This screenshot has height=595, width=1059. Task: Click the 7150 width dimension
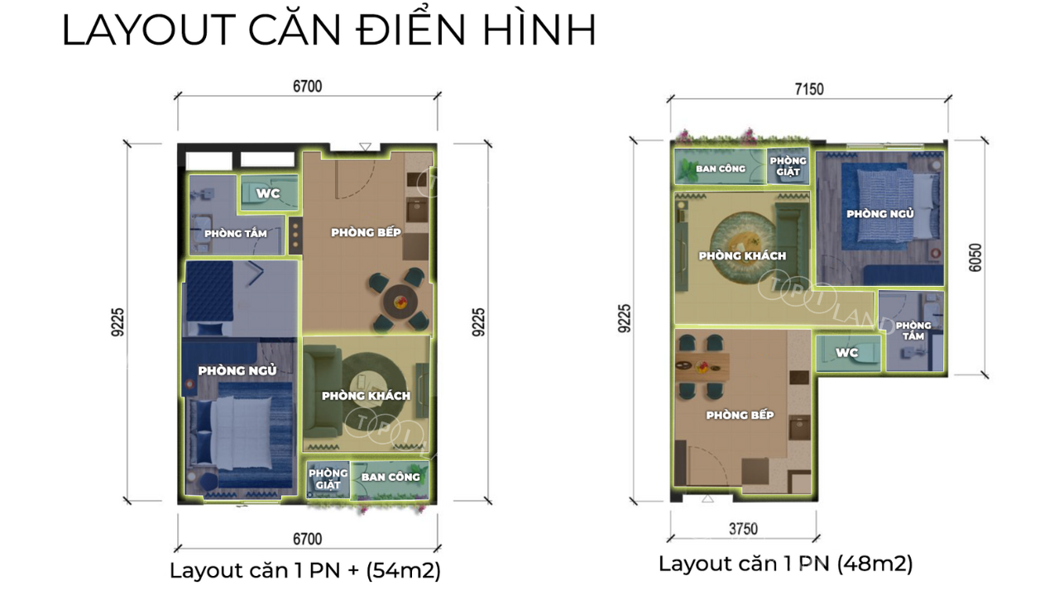tap(809, 88)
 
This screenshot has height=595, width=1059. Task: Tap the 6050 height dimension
tap(975, 258)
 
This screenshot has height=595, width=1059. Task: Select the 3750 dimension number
tap(743, 529)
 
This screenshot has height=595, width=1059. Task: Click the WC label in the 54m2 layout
tap(268, 193)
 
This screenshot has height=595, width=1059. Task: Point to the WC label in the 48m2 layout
tap(846, 352)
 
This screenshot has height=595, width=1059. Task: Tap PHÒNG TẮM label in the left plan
tap(236, 233)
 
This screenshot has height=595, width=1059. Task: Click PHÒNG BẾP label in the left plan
tap(366, 232)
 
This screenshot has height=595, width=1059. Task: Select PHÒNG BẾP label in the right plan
tap(740, 415)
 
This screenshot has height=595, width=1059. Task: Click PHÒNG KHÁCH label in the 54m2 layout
tap(367, 395)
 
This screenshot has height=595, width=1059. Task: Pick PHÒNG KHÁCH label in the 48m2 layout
tap(742, 255)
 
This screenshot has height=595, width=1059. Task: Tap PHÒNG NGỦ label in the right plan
tap(879, 213)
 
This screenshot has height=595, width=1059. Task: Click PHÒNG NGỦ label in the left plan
tap(237, 370)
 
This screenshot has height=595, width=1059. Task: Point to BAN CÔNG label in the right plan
tap(721, 168)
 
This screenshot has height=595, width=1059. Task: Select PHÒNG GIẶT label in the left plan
tap(328, 478)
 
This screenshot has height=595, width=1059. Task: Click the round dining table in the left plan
tap(400, 301)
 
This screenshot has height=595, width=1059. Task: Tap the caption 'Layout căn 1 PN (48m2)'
tap(785, 564)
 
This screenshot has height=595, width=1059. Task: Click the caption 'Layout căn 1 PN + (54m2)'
tap(305, 570)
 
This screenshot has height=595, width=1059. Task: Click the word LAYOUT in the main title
tap(149, 31)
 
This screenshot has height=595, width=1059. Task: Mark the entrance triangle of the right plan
tap(707, 498)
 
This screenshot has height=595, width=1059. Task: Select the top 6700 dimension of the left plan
tap(307, 87)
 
